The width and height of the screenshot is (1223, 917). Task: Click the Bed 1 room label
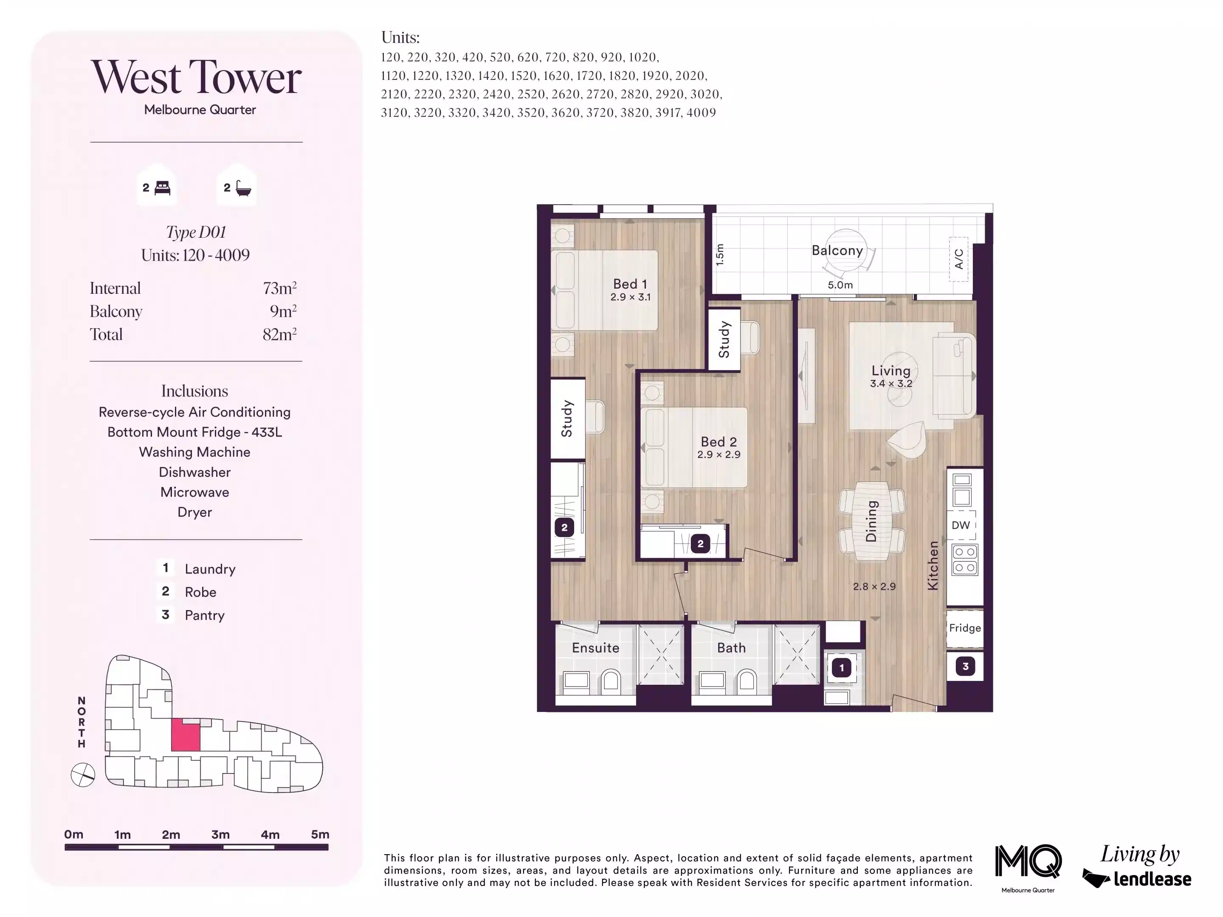pos(630,284)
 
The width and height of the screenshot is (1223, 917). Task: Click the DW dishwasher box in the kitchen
pos(961,525)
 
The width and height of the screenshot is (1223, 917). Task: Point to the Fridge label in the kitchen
pos(965,628)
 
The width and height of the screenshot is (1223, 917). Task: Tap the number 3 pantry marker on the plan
pos(965,667)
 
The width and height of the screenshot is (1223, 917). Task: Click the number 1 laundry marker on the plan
pos(842,668)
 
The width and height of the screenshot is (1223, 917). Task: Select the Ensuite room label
pos(595,648)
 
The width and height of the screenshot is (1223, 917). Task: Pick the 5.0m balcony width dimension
pos(840,285)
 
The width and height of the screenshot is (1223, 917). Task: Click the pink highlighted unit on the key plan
pos(185,736)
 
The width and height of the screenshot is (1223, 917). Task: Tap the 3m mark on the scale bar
pos(220,835)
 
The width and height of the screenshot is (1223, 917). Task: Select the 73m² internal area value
pos(279,288)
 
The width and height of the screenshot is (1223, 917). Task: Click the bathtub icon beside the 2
pos(243,188)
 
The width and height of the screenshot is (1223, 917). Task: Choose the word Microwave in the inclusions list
pos(194,492)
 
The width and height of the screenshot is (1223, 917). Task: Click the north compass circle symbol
pos(83,775)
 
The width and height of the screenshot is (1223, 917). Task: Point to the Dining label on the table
pos(871,521)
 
